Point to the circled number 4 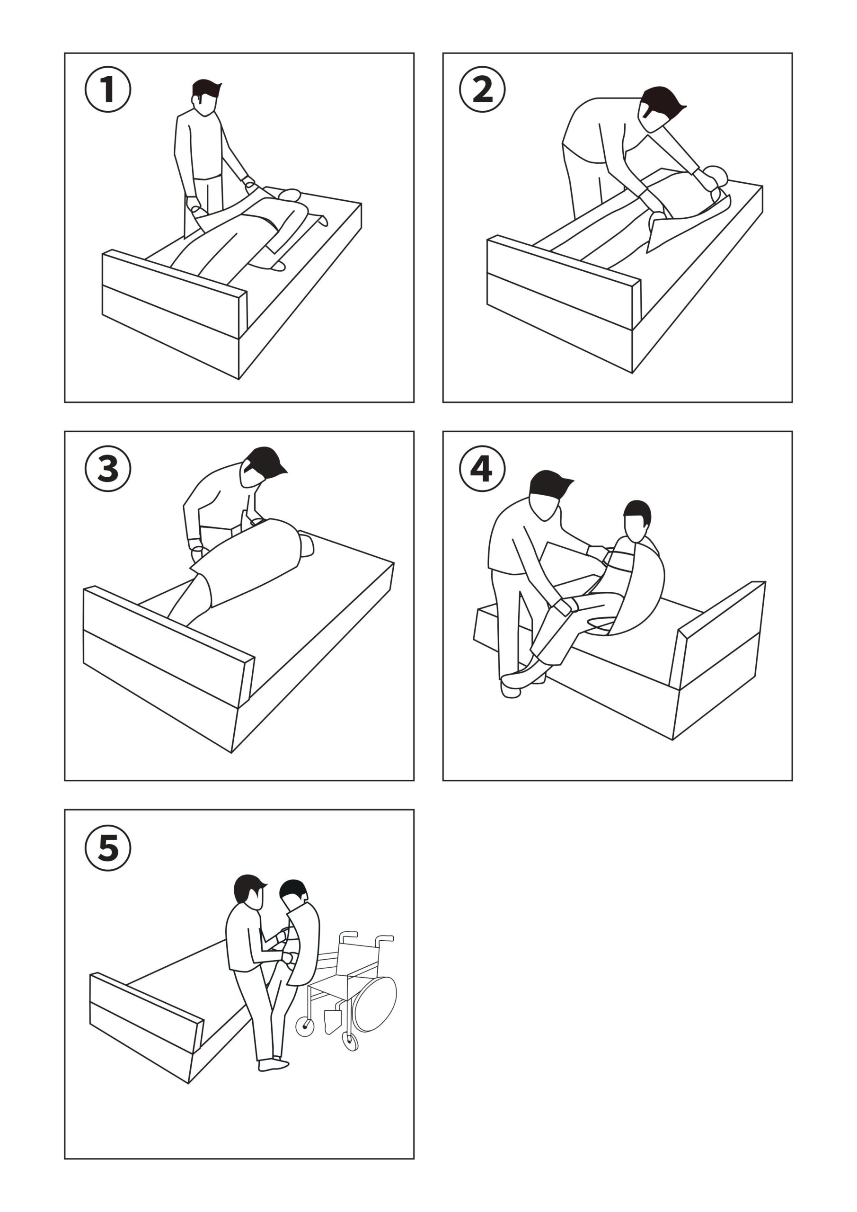[482, 468]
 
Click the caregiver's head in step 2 [657, 108]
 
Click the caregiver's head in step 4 [547, 494]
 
